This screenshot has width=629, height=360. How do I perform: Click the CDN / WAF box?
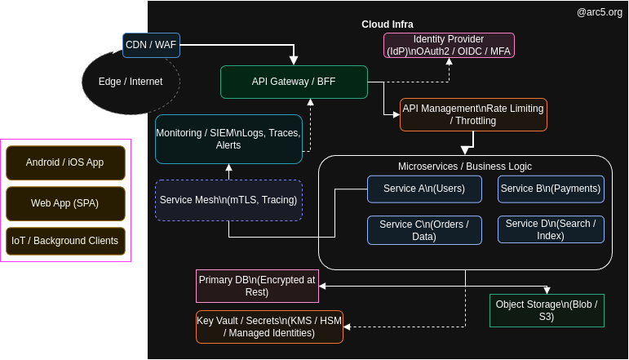click(151, 45)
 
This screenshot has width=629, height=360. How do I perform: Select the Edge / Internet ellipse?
click(131, 82)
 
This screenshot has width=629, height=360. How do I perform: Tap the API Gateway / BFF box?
click(294, 82)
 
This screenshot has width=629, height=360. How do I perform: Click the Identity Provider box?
click(449, 45)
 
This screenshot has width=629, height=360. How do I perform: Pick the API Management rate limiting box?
click(473, 114)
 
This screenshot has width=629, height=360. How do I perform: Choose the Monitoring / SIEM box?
click(228, 139)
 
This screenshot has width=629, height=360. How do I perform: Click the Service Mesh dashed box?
click(228, 200)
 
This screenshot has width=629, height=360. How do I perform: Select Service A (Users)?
click(412, 189)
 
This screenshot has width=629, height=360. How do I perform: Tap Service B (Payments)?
click(551, 189)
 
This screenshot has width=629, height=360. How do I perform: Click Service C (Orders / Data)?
click(424, 230)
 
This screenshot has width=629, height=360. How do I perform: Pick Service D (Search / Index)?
click(551, 229)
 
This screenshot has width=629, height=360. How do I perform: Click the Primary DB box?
click(257, 286)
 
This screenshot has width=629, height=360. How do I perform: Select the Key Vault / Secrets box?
click(269, 327)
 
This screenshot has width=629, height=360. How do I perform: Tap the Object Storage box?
click(547, 310)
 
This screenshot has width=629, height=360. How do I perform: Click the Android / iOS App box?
click(65, 162)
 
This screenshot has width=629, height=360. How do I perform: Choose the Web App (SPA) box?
click(65, 203)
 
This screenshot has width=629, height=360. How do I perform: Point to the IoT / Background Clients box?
click(65, 241)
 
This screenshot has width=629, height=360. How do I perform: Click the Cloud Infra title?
click(387, 24)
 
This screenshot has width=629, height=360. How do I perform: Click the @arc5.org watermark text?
click(600, 12)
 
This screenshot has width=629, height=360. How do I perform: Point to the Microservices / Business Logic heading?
click(464, 167)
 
